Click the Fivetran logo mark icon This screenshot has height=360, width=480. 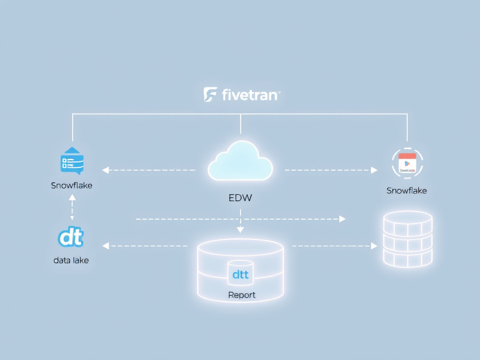click(210, 94)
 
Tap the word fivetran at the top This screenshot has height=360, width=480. click(248, 95)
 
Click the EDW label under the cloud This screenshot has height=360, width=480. click(240, 197)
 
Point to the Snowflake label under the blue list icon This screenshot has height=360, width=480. click(72, 185)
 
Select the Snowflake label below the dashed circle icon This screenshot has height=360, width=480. click(407, 190)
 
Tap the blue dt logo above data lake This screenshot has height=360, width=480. click(71, 238)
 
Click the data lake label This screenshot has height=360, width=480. click(71, 260)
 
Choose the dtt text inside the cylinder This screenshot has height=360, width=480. click(240, 275)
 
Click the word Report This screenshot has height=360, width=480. click(242, 295)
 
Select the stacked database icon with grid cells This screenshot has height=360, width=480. click(407, 239)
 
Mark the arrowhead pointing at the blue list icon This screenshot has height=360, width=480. click(105, 170)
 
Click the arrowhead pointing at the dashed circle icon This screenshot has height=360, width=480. click(374, 170)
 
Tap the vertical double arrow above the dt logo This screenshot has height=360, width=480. click(72, 208)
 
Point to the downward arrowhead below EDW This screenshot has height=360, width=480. click(240, 230)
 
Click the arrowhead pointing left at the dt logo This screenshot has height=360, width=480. click(105, 246)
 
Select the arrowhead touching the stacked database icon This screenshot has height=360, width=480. click(374, 246)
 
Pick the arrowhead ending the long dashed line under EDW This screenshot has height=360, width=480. click(343, 219)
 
